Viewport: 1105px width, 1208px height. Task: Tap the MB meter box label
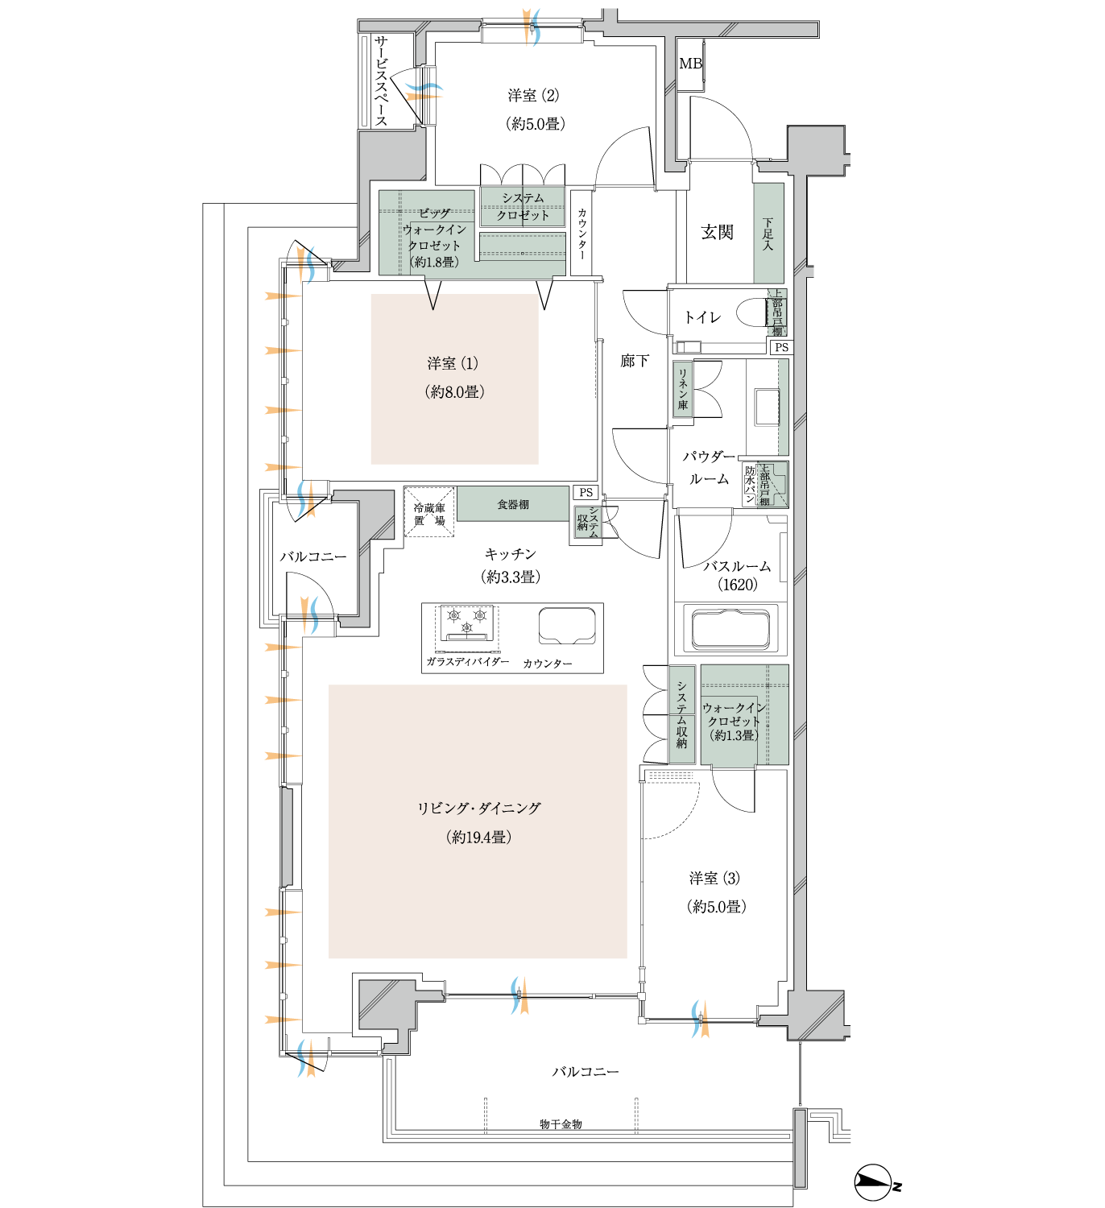(x=690, y=64)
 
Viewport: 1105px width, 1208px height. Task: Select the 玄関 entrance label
(x=717, y=233)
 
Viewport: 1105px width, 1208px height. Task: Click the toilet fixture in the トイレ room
(x=754, y=313)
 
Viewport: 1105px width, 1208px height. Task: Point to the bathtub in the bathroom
(x=730, y=629)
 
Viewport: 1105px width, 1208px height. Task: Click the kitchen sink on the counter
(x=567, y=625)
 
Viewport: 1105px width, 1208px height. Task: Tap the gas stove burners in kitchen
(x=467, y=623)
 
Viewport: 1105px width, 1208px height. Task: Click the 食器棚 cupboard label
(x=513, y=505)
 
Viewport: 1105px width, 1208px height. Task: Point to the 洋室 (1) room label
(x=453, y=364)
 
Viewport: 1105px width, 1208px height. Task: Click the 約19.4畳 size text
(x=478, y=838)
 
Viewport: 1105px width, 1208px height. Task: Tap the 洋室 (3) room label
(x=714, y=879)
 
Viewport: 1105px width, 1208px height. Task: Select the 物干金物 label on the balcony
(x=561, y=1123)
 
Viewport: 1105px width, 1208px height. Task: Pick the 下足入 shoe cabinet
(x=768, y=233)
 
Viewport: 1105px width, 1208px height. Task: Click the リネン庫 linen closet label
(x=682, y=389)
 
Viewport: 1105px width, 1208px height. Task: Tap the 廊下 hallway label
(x=635, y=361)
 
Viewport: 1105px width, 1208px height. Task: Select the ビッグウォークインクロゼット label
(x=434, y=238)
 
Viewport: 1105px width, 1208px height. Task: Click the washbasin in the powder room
(x=766, y=407)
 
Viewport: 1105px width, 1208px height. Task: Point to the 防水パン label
(x=750, y=484)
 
